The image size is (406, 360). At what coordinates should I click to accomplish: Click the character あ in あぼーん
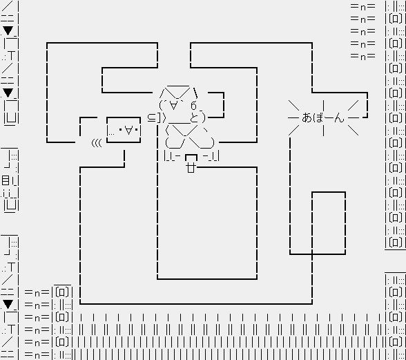[307, 117]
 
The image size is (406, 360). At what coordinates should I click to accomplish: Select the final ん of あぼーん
[339, 118]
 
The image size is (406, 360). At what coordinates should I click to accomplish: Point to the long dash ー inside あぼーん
[329, 118]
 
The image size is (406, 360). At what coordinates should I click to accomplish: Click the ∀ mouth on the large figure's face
[173, 105]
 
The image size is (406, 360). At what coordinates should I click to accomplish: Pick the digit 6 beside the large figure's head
[193, 106]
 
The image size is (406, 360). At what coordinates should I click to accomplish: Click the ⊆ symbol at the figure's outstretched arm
[151, 118]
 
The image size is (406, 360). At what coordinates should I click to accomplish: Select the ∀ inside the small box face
[128, 130]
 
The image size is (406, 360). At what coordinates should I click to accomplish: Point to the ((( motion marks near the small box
[97, 143]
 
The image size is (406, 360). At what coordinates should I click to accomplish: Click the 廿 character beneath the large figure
[191, 168]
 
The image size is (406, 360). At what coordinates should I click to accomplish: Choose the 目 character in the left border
[6, 180]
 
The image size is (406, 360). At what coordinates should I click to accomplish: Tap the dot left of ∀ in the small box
[120, 129]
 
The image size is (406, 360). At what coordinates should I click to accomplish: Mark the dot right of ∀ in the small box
[137, 129]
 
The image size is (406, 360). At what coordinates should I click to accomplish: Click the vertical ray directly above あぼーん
[323, 106]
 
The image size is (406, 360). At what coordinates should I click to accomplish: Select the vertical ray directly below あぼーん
[323, 131]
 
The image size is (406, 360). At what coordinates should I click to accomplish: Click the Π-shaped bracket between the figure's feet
[191, 158]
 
